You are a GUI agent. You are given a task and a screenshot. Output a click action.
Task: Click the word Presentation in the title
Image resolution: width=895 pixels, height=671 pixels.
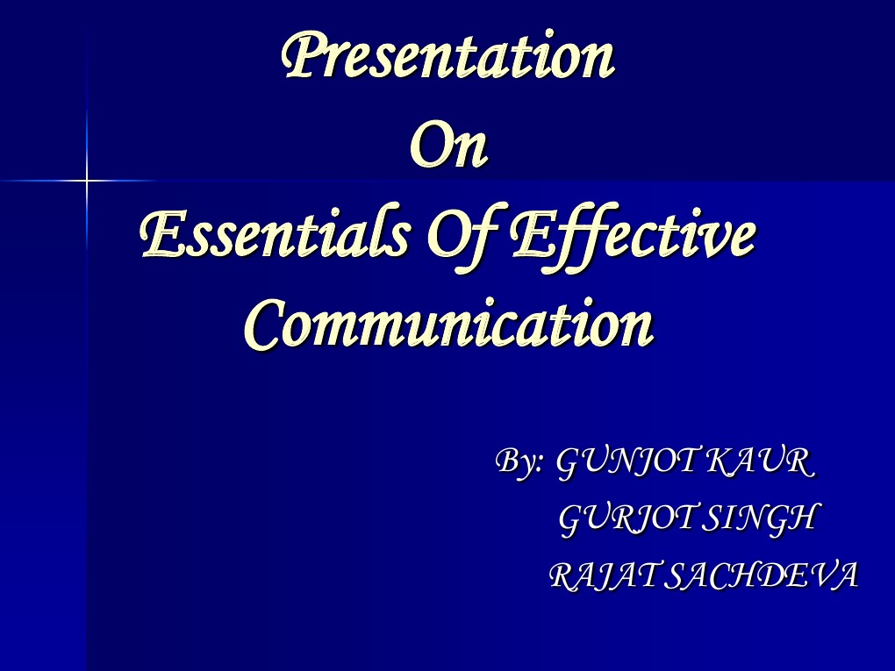pyautogui.click(x=447, y=56)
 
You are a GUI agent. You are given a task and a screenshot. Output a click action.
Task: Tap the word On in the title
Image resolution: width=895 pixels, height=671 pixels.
pyautogui.click(x=448, y=147)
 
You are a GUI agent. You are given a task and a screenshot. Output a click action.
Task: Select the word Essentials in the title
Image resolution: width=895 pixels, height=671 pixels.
pyautogui.click(x=275, y=237)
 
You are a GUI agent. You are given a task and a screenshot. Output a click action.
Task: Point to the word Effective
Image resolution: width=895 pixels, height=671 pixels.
pyautogui.click(x=632, y=237)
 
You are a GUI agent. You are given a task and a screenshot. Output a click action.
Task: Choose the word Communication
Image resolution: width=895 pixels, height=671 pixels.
pyautogui.click(x=448, y=325)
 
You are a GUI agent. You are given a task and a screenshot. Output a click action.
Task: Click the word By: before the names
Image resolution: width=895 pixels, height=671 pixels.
pyautogui.click(x=520, y=461)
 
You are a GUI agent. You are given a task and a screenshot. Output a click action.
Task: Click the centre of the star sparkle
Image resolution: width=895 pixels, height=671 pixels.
pyautogui.click(x=87, y=181)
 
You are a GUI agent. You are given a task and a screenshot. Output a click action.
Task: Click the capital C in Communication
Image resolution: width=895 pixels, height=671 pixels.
pyautogui.click(x=263, y=325)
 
